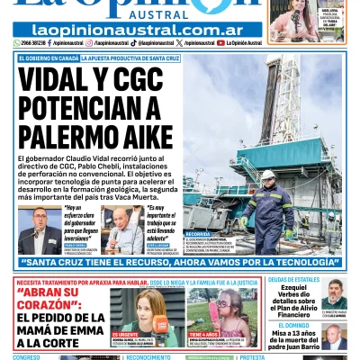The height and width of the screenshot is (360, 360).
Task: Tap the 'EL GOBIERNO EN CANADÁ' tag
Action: tap(47, 58)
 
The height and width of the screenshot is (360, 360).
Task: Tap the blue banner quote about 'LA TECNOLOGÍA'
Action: tap(180, 263)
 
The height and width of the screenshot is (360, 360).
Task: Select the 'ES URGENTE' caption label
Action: tap(125, 334)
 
